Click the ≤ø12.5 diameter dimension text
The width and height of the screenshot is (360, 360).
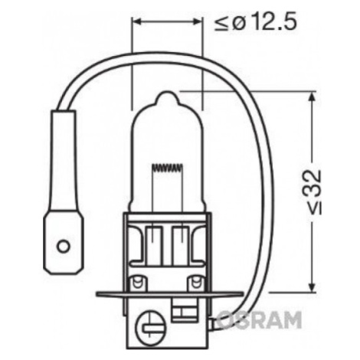coord(255,22)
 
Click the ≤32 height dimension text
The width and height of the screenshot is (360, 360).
coord(313,192)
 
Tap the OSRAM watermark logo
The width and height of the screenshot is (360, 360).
coord(259,319)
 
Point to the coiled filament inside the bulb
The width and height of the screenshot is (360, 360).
coord(168,168)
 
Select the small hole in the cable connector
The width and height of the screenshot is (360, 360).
coord(63,247)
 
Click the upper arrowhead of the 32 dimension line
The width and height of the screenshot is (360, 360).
coord(312,97)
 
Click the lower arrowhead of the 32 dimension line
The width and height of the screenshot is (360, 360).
coord(312,286)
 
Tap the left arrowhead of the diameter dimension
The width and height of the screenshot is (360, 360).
coord(137,22)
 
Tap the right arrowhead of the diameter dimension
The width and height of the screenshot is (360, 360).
coord(197,22)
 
